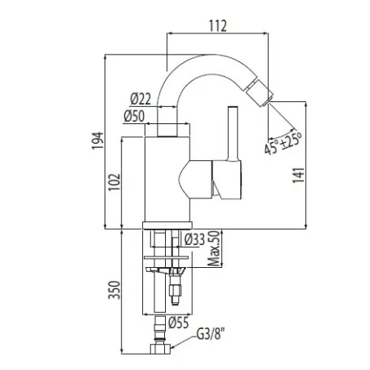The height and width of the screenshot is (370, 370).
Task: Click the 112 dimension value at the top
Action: tap(218, 26)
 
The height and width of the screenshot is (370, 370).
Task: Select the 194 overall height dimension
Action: tap(97, 140)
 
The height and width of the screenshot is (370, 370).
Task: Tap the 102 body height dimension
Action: tap(114, 182)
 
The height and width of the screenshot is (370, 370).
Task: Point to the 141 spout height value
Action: tap(298, 176)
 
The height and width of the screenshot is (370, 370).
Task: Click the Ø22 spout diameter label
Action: tap(140, 99)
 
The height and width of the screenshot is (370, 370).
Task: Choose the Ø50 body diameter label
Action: tap(134, 116)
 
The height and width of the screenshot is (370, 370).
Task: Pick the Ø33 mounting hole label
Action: tap(194, 239)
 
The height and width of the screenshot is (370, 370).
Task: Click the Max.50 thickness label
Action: tap(213, 248)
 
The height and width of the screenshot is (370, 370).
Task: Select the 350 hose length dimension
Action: tap(114, 290)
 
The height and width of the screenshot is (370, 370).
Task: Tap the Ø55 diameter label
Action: tap(178, 323)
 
